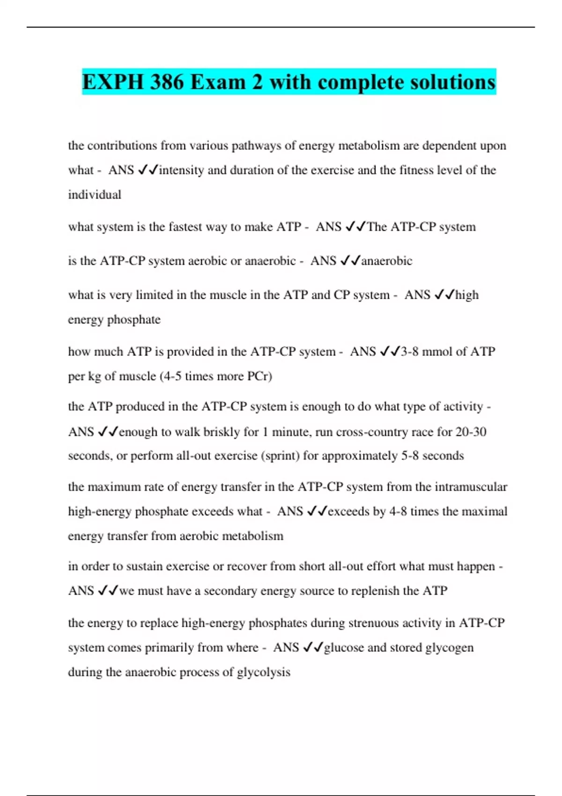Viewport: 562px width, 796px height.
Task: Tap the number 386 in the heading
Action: point(167,82)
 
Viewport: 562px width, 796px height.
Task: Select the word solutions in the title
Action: point(452,82)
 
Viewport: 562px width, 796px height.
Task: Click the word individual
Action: point(95,195)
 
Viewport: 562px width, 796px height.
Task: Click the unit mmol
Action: point(437,352)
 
